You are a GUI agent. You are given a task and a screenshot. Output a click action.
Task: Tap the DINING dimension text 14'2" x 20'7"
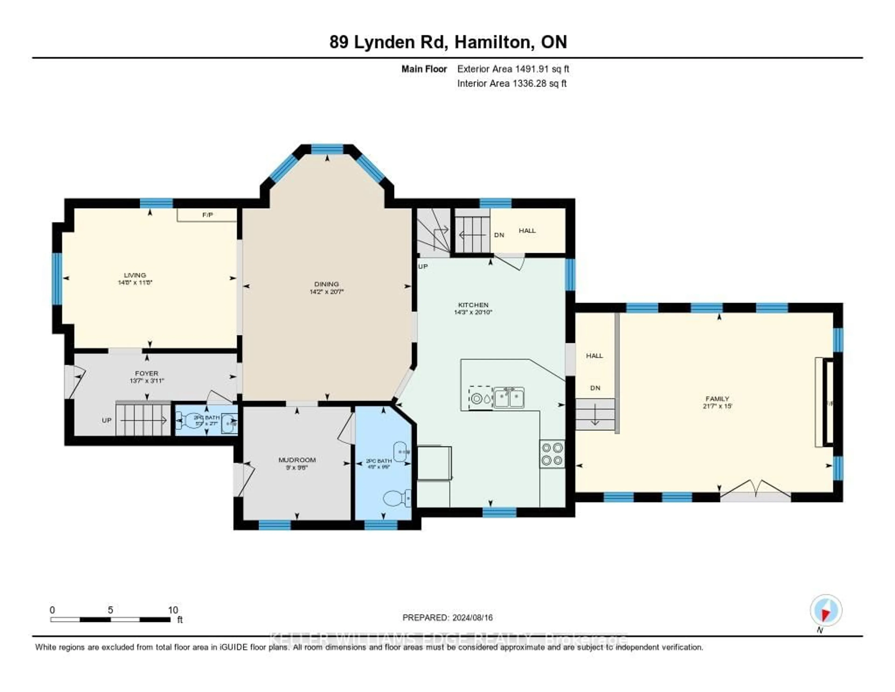pos(326,292)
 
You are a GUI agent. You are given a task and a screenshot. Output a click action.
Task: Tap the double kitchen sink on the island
pos(509,398)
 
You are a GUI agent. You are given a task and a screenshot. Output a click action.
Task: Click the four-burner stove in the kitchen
pos(552,454)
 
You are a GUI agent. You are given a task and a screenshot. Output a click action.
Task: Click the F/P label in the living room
pos(207,215)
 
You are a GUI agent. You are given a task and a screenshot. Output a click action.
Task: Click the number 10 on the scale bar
pos(173,610)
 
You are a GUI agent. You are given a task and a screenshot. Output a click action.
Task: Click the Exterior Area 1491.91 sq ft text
pos(513,69)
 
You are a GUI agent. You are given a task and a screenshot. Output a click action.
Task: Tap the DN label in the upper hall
pos(499,235)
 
